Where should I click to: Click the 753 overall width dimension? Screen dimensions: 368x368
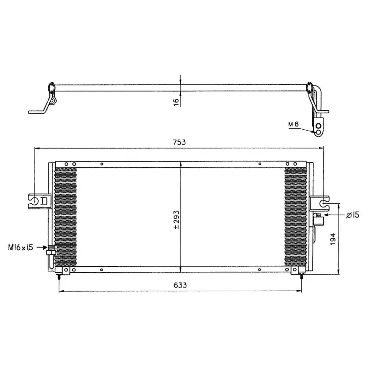(x=179, y=142)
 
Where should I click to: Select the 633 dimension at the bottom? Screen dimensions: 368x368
(x=181, y=285)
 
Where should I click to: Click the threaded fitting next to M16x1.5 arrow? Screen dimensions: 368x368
(x=51, y=251)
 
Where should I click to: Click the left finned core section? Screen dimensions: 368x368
(x=66, y=216)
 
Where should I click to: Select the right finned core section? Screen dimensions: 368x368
(x=295, y=216)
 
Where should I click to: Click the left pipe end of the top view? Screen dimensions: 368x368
(x=36, y=111)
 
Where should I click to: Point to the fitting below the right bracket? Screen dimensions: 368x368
(x=317, y=221)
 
